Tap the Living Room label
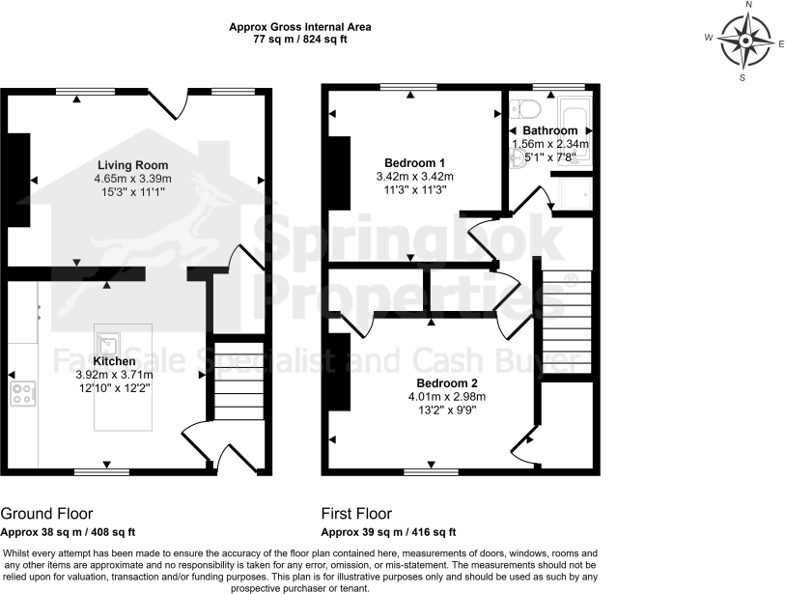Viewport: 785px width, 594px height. pyautogui.click(x=132, y=164)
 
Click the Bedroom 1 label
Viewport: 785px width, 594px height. pyautogui.click(x=414, y=162)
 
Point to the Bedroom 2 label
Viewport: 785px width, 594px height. pyautogui.click(x=444, y=382)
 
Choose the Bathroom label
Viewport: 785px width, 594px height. pyautogui.click(x=550, y=130)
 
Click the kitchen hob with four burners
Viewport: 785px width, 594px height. pyautogui.click(x=23, y=392)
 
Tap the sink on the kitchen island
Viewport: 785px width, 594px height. pyautogui.click(x=106, y=342)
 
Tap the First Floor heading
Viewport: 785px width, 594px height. pyautogui.click(x=357, y=514)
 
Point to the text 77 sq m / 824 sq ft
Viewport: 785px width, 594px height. pyautogui.click(x=299, y=41)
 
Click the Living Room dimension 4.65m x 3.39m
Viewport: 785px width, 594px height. pyautogui.click(x=132, y=179)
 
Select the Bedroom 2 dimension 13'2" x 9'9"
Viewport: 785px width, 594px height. pyautogui.click(x=444, y=410)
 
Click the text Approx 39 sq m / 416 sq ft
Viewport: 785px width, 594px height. pyautogui.click(x=388, y=532)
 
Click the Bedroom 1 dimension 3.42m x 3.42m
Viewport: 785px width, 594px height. pyautogui.click(x=414, y=177)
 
